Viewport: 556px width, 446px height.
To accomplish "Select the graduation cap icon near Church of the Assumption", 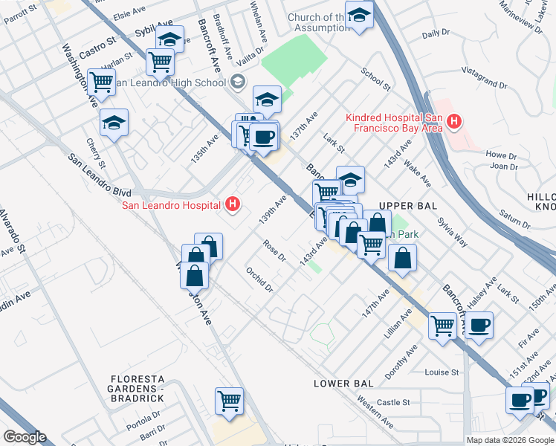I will (x=359, y=16).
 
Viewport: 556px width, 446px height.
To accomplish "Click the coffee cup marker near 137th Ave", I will (x=263, y=137).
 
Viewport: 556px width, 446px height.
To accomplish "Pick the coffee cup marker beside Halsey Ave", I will (x=479, y=325).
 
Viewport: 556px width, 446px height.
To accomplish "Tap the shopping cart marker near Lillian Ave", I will (x=443, y=325).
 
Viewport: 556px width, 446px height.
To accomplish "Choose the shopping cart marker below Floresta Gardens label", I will (x=229, y=401).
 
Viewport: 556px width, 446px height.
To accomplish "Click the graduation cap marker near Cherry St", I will (x=114, y=123).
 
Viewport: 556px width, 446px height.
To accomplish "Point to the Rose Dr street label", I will (x=274, y=250).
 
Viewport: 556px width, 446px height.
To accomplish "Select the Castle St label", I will (x=393, y=403).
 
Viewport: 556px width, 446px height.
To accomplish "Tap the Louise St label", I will (x=442, y=372).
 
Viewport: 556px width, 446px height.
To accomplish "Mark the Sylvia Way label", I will (x=452, y=230).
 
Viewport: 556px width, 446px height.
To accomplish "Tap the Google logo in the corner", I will (x=25, y=437).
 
